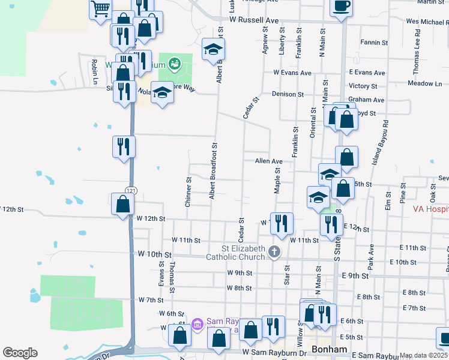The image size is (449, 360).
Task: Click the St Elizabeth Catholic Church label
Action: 235,253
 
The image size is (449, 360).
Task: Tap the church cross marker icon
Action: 274,252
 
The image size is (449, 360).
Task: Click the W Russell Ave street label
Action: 254,20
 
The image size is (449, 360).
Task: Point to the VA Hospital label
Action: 430,210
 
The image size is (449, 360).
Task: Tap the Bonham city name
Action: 328,349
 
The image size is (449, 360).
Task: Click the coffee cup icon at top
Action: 341,7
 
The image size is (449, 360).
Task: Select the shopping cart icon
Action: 100,9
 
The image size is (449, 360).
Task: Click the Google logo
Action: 20,353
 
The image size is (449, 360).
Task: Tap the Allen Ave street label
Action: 268,161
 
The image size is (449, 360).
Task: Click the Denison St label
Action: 288,94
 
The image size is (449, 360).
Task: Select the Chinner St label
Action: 188,192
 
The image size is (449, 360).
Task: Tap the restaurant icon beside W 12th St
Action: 282,223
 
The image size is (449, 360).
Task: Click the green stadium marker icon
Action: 175,62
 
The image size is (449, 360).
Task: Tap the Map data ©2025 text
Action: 423,355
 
